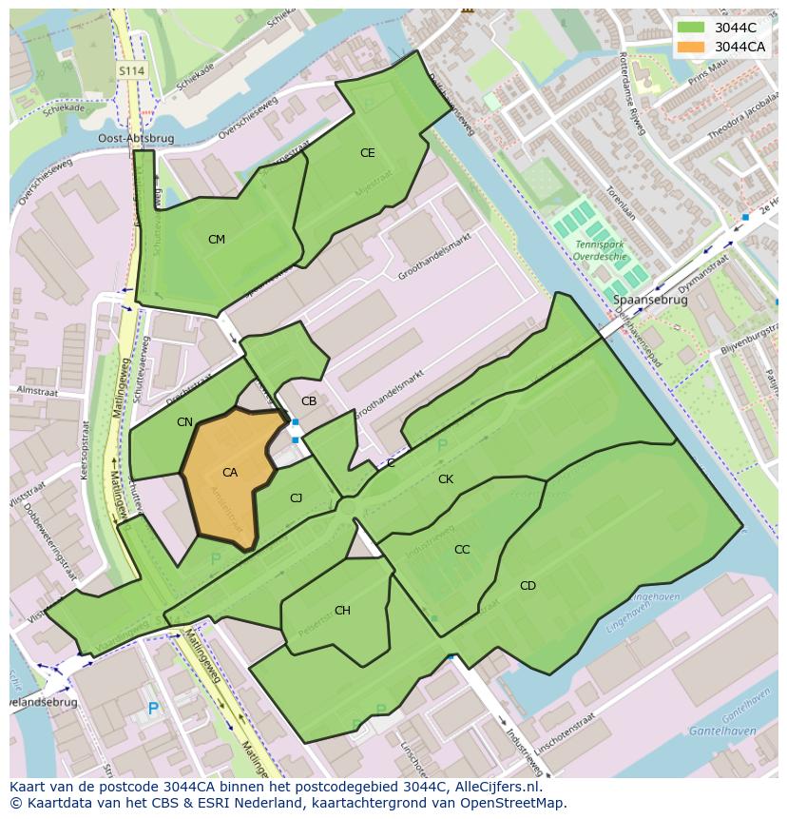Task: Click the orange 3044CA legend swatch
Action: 691,47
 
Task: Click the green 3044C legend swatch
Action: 691,28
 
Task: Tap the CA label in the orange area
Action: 230,473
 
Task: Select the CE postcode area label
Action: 367,153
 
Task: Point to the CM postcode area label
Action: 217,240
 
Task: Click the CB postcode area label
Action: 309,401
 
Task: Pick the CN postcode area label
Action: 184,422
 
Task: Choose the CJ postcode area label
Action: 296,498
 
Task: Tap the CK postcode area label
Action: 446,479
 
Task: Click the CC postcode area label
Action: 462,550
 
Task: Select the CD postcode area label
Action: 528,586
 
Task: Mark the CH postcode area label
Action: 342,611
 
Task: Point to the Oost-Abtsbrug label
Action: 136,138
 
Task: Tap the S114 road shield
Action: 131,71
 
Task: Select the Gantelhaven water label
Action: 724,731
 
